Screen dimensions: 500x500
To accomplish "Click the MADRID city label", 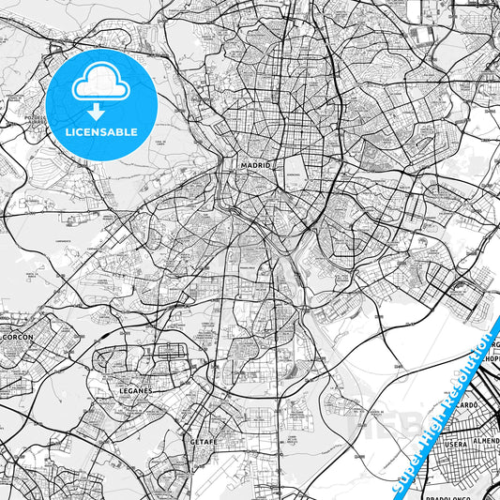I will click(255, 164).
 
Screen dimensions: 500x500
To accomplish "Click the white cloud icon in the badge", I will click(101, 83).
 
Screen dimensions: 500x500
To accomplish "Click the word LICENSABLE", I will click(101, 132).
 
